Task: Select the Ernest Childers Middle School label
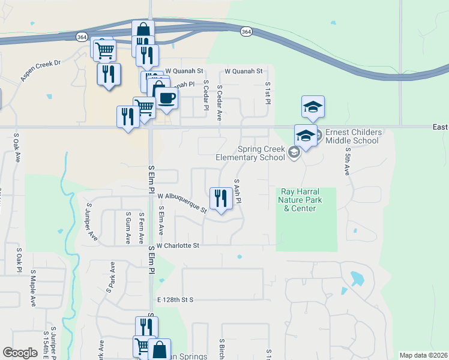click(352, 136)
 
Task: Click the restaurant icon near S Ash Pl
click(221, 198)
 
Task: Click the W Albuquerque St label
click(182, 203)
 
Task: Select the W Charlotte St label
click(177, 245)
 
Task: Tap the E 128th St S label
click(175, 299)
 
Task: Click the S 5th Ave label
click(347, 163)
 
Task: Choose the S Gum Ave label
click(128, 227)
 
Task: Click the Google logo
click(20, 353)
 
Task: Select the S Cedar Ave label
click(220, 103)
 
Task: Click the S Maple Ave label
click(33, 292)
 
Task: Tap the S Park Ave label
click(110, 277)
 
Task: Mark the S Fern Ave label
click(142, 227)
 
